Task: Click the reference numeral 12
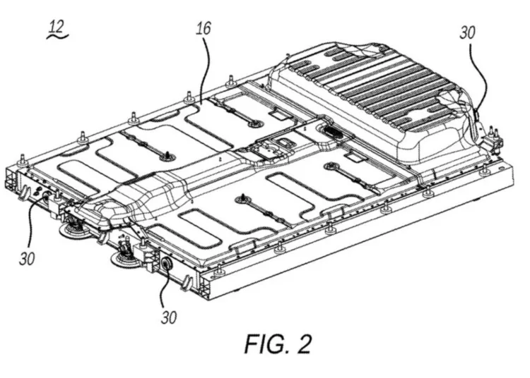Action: click(x=54, y=28)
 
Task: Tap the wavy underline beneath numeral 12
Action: click(x=54, y=38)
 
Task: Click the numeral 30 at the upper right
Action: click(x=468, y=32)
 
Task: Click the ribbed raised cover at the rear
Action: click(x=382, y=99)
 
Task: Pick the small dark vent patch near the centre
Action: click(x=334, y=133)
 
